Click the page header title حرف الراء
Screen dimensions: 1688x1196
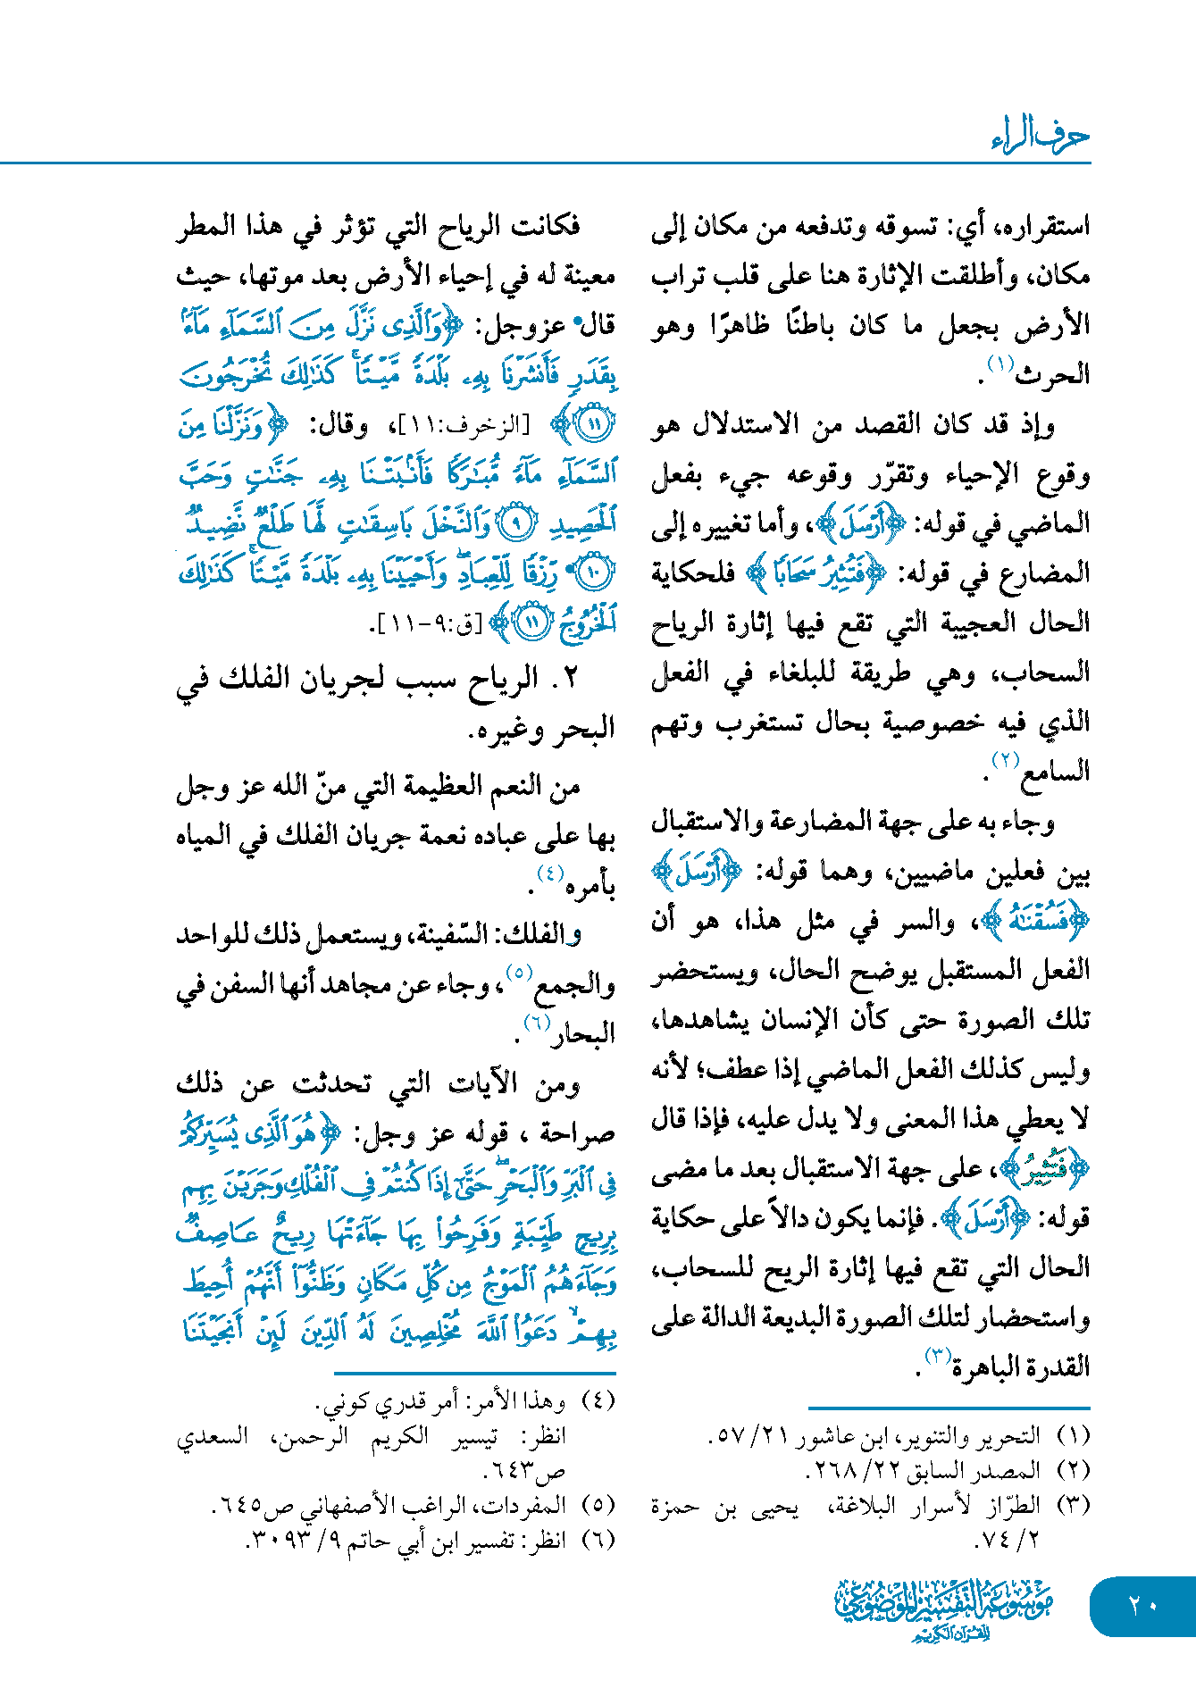[x=1040, y=136]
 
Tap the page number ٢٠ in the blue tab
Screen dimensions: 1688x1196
[x=1142, y=1605]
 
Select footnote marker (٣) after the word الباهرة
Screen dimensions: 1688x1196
[x=937, y=1357]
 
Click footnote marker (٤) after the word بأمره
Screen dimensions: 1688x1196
[x=549, y=873]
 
